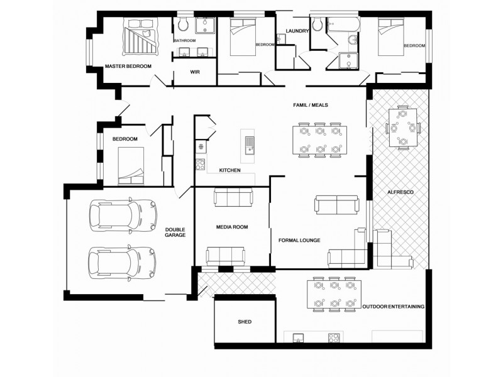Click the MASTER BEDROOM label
[x=128, y=66]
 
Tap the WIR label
[x=195, y=72]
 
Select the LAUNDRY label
[x=297, y=31]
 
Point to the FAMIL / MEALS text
[x=311, y=105]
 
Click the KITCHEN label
[x=229, y=170]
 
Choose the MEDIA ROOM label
[x=231, y=227]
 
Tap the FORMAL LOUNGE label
[x=299, y=240]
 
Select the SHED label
[x=245, y=322]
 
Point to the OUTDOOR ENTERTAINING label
[x=393, y=307]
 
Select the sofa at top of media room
[x=233, y=197]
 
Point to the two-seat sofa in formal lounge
[x=336, y=205]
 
